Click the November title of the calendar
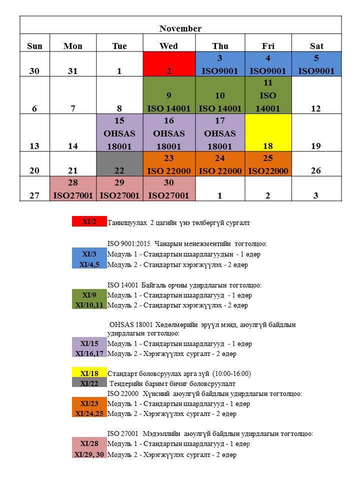pos(180,28)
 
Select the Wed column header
pos(168,46)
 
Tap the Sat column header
pos(316,46)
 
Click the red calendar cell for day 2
pos(168,64)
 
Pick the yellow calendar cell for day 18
pos(267,133)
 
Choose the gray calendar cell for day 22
pos(119,164)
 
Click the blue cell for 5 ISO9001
pos(316,64)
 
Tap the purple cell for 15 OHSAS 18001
pos(119,133)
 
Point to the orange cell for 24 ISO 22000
pos(220,164)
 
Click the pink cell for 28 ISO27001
pos(73,189)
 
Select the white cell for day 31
pos(73,64)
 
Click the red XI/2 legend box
pos(89,222)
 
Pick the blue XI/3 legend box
pos(89,254)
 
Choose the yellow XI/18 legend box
pos(89,373)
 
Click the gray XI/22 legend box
pos(89,383)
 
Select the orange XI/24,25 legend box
pos(89,414)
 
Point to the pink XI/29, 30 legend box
pos(89,454)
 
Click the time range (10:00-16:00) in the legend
pos(231,373)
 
